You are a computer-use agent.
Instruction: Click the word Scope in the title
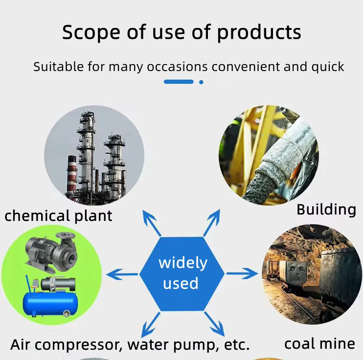pos(91,32)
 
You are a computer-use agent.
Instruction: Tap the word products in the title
pos(259,32)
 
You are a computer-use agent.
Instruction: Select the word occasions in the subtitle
pos(177,67)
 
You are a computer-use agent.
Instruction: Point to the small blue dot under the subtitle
pos(201,82)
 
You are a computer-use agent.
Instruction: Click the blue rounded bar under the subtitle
pos(179,82)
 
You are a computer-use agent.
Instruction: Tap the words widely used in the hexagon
pos(182,273)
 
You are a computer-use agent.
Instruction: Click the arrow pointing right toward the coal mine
pos(242,273)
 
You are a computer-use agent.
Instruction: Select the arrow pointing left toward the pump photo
pos(122,274)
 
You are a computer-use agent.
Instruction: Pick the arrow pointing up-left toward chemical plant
pos(151,223)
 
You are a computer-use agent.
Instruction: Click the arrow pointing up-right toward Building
pos(212,222)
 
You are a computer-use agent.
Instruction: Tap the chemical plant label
pos(58,216)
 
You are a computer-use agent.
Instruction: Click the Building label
pos(326,210)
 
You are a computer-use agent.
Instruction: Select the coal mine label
pos(320,344)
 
